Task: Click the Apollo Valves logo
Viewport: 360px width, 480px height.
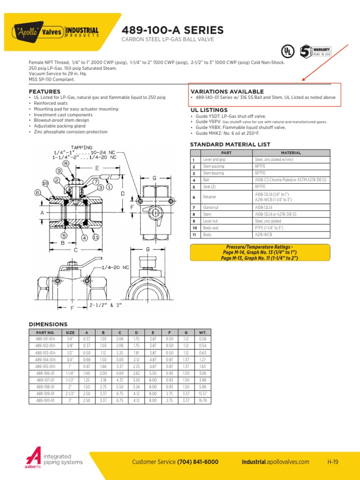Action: pos(56,31)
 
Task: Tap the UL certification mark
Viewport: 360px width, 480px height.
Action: pos(286,51)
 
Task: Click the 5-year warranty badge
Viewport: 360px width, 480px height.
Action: pos(306,51)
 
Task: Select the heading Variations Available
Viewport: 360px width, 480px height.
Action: pos(227,91)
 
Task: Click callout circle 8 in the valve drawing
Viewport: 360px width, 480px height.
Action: pos(66,164)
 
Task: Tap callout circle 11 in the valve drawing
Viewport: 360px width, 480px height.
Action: pos(96,237)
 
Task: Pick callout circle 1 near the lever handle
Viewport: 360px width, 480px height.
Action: pos(109,187)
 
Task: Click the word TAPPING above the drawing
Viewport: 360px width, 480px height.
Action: pos(82,147)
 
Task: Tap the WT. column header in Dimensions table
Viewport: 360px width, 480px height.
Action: pos(202,332)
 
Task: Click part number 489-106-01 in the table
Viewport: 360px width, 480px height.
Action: pos(45,373)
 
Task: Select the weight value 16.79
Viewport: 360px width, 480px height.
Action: pos(202,401)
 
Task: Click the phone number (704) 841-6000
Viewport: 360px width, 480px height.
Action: pos(198,462)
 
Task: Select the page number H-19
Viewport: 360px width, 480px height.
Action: pos(333,462)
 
